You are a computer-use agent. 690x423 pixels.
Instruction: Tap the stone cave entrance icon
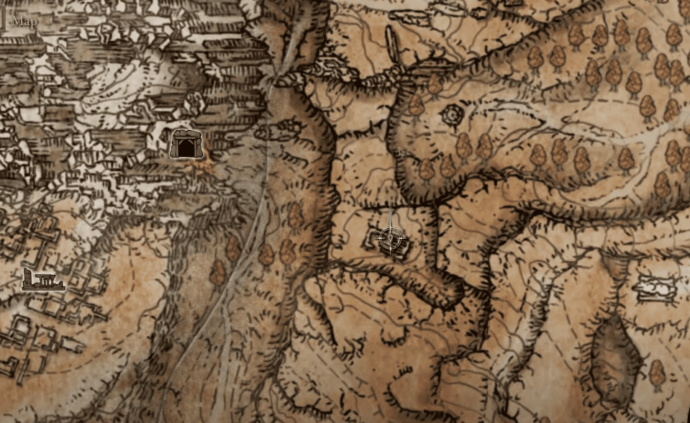pyautogui.click(x=187, y=143)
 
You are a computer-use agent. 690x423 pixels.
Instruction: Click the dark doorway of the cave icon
pyautogui.click(x=187, y=149)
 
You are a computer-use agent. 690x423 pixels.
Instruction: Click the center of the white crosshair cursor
pyautogui.click(x=391, y=239)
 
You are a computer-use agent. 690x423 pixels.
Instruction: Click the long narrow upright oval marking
pyautogui.click(x=392, y=45)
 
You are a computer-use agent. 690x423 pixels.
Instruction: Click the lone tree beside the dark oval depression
pyautogui.click(x=655, y=373)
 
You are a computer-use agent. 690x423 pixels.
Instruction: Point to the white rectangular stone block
pyautogui.click(x=656, y=287)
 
